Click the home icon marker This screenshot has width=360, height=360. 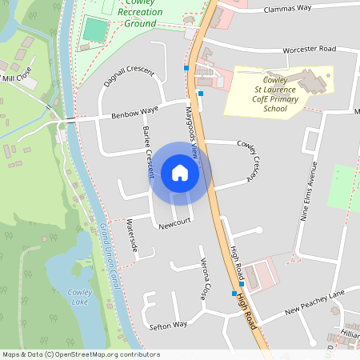point(180,173)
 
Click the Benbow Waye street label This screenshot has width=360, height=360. point(135,111)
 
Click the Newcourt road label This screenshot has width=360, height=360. point(174,226)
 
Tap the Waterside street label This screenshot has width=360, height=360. point(133,237)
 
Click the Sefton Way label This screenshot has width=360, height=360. point(168,325)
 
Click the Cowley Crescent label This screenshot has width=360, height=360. point(250,159)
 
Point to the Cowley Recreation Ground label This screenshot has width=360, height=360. point(129,13)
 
